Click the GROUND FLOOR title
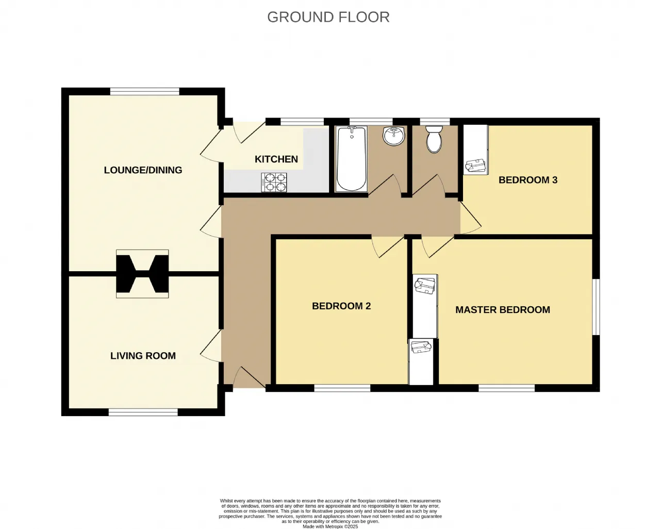pyautogui.click(x=328, y=17)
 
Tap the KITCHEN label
pyautogui.click(x=276, y=159)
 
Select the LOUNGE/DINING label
pyautogui.click(x=143, y=170)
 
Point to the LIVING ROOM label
pyautogui.click(x=143, y=356)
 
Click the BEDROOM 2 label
pyautogui.click(x=341, y=306)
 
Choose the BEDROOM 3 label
pyautogui.click(x=528, y=180)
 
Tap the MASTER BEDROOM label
pyautogui.click(x=503, y=310)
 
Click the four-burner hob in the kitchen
pyautogui.click(x=274, y=183)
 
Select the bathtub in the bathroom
pyautogui.click(x=352, y=159)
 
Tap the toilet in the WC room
pyautogui.click(x=434, y=139)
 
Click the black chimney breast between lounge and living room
pyautogui.click(x=142, y=274)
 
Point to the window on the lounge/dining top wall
pyautogui.click(x=145, y=91)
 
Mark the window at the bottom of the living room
pyautogui.click(x=143, y=412)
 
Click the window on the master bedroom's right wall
pyautogui.click(x=596, y=307)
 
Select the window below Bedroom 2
pyautogui.click(x=342, y=388)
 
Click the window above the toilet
pyautogui.click(x=435, y=122)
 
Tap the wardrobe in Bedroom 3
pyautogui.click(x=475, y=150)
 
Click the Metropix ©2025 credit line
pyautogui.click(x=331, y=526)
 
